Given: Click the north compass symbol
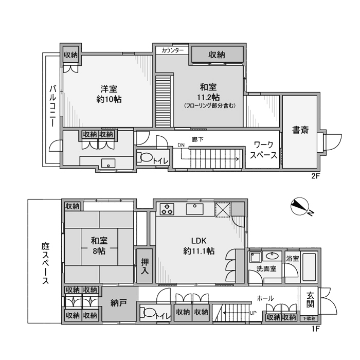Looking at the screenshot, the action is point(300,207).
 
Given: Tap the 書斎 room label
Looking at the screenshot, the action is point(300,130).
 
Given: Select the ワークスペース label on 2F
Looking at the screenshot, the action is point(263,150).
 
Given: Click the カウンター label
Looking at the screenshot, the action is point(172,50).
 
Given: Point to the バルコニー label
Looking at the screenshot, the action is point(53,106).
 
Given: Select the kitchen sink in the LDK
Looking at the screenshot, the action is point(195,209).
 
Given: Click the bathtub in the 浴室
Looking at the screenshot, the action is point(309,267).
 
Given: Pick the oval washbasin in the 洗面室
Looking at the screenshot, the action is point(272,255).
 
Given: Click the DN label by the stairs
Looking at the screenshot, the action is point(181,145).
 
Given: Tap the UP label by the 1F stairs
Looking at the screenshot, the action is point(253,313).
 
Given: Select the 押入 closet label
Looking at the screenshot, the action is point(145,266).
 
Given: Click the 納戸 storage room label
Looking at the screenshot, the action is point(118,303).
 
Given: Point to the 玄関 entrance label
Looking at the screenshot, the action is point(310,300).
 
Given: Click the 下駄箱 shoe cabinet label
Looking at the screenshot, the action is point(309,318).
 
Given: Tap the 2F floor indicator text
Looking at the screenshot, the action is point(315,176).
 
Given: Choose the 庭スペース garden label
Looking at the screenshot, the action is point(45,263).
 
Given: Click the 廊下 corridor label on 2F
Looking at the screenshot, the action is point(197,139).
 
